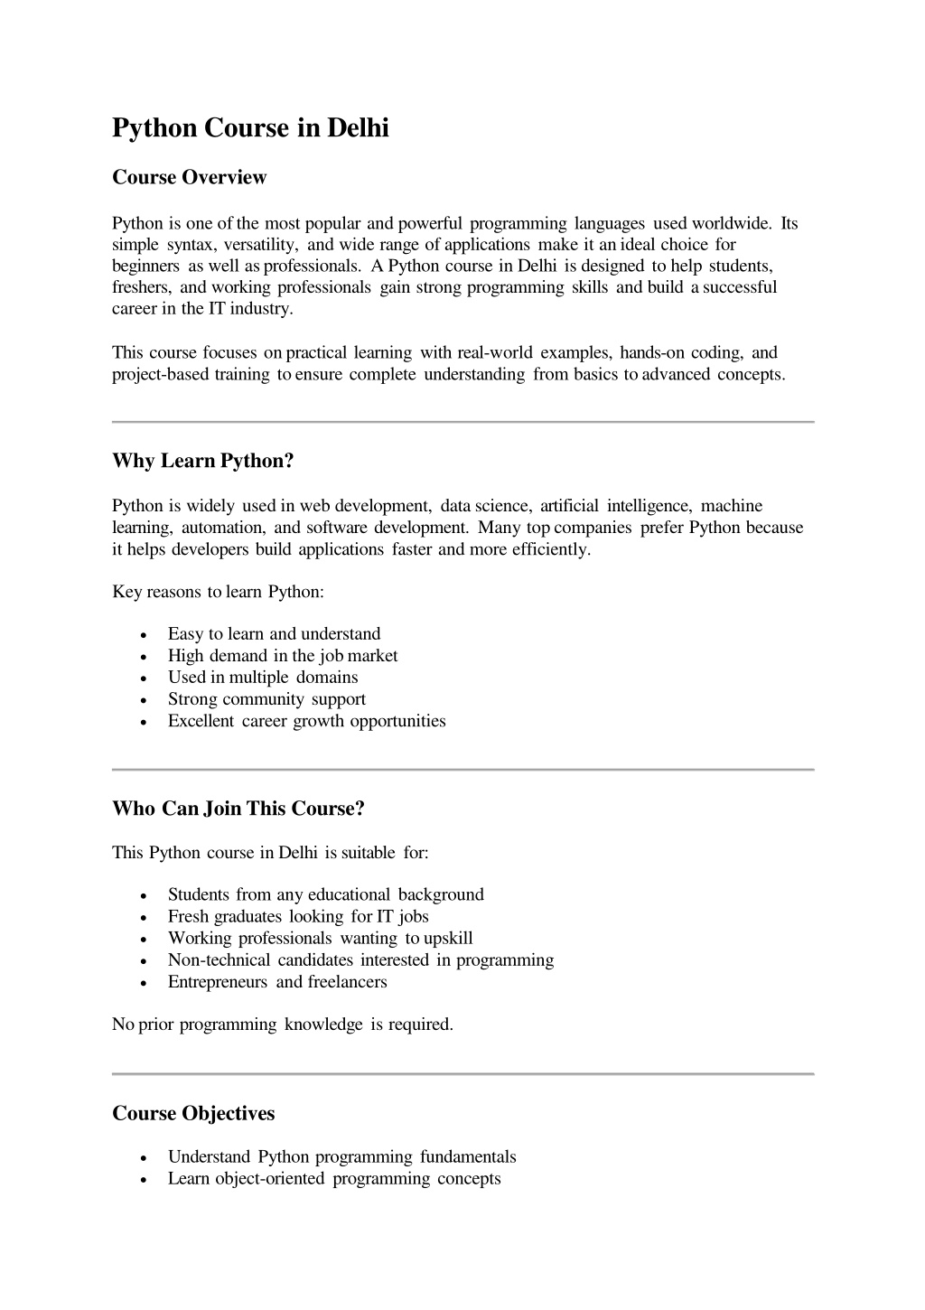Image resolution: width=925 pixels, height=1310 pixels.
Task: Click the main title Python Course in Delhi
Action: tap(250, 128)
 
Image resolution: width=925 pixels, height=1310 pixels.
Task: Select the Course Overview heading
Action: tap(189, 177)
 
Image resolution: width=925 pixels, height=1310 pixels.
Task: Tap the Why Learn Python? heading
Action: tap(203, 461)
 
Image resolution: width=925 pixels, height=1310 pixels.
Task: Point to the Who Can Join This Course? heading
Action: tap(238, 809)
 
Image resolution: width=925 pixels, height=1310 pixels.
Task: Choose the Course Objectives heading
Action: tap(193, 1113)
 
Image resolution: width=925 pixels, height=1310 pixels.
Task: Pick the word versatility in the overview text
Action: tap(261, 245)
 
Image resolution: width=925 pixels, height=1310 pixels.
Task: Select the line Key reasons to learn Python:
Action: tap(218, 592)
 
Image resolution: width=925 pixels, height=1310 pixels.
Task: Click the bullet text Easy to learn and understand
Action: tap(274, 634)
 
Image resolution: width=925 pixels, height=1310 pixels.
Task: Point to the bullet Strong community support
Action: tap(266, 699)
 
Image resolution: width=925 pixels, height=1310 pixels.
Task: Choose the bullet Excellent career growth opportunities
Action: tap(306, 721)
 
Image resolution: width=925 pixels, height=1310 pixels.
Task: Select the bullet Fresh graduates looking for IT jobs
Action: tap(298, 917)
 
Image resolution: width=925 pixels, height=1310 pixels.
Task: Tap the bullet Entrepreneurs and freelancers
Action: tap(277, 982)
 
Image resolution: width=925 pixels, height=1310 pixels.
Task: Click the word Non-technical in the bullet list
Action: tap(219, 960)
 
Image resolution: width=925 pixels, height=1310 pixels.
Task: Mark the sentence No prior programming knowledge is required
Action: tap(283, 1025)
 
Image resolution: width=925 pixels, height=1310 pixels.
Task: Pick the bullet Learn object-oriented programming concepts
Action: tap(334, 1179)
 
